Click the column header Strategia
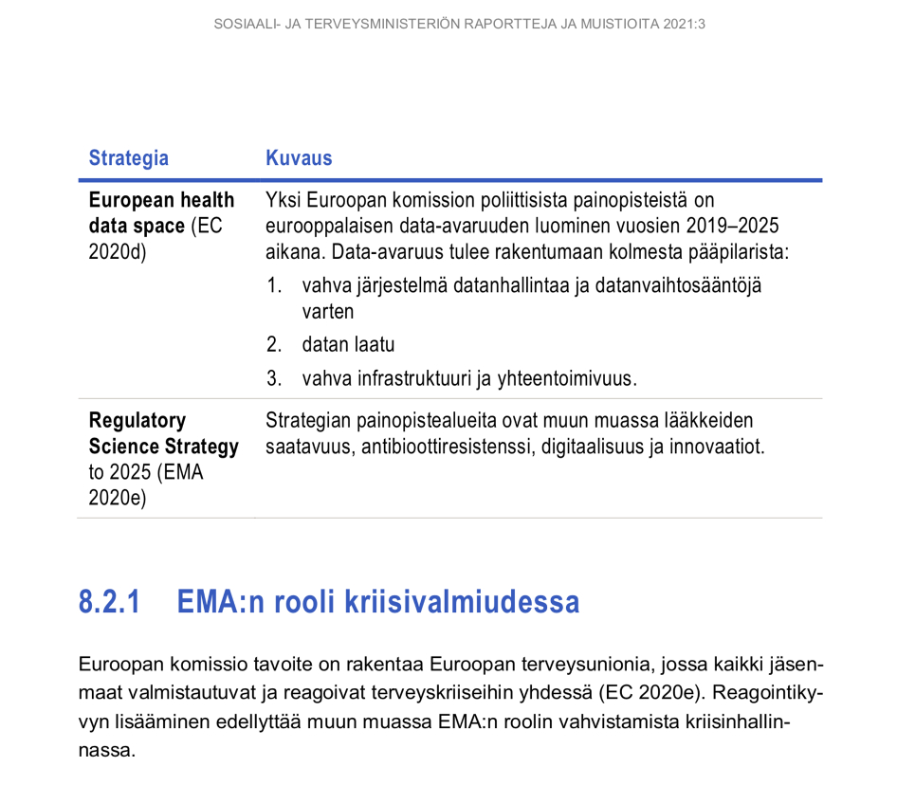click(x=128, y=158)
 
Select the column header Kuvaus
click(x=299, y=158)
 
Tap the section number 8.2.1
click(x=109, y=603)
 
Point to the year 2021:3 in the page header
click(x=683, y=24)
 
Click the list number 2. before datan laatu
click(x=274, y=345)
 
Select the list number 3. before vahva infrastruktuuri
click(x=274, y=379)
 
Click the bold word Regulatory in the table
click(x=137, y=421)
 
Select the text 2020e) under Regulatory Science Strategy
click(x=118, y=498)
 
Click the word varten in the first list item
click(x=327, y=311)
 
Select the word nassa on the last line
click(x=107, y=751)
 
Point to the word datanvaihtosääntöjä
click(x=678, y=285)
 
